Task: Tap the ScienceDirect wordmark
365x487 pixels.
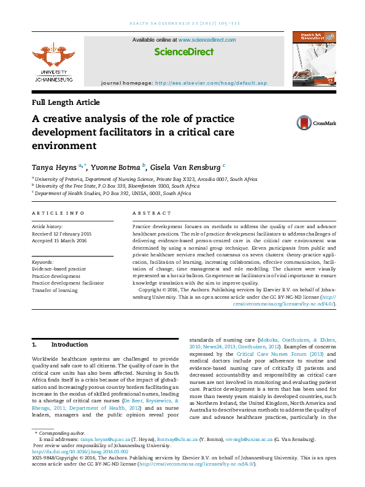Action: pos(183,52)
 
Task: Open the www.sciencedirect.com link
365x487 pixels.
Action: pos(207,40)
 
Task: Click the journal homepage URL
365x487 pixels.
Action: pos(211,83)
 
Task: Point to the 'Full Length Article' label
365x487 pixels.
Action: pos(66,102)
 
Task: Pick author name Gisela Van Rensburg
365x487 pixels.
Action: pos(189,166)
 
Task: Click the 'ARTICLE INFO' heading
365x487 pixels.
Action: pos(58,213)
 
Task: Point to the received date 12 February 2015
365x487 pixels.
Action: pos(61,234)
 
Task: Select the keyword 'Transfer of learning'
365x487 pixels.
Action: pos(55,290)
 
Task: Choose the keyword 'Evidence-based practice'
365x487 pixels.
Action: pos(59,269)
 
